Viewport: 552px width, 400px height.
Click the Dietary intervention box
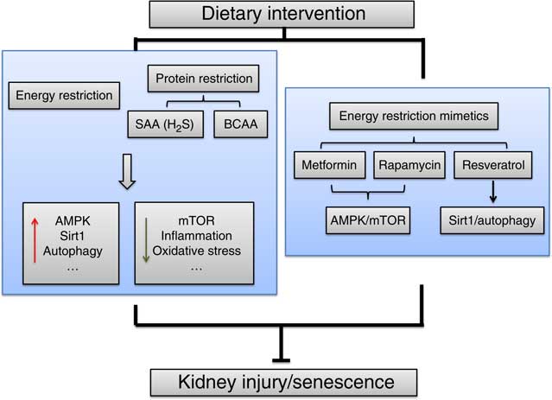click(282, 15)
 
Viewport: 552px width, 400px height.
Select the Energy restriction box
click(64, 95)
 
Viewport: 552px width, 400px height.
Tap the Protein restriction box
click(204, 79)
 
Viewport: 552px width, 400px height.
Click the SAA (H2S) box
click(166, 124)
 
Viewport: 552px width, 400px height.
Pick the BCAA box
click(241, 124)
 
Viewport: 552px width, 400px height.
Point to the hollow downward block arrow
click(127, 171)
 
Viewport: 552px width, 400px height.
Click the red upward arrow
click(35, 240)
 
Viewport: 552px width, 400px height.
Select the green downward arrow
click(146, 240)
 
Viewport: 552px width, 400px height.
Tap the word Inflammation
click(196, 236)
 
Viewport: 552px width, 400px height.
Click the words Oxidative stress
click(196, 251)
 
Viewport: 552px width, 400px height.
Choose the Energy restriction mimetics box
click(414, 116)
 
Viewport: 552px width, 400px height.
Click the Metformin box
click(329, 165)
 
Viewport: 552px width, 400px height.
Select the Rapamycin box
click(409, 165)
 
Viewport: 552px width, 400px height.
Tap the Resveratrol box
click(493, 165)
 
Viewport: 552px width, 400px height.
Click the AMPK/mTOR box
click(368, 220)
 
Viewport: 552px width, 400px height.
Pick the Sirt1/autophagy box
click(492, 220)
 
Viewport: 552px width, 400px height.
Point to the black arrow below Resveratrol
click(493, 192)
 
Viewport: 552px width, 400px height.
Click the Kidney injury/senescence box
click(283, 383)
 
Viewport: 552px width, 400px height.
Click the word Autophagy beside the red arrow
click(73, 251)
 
